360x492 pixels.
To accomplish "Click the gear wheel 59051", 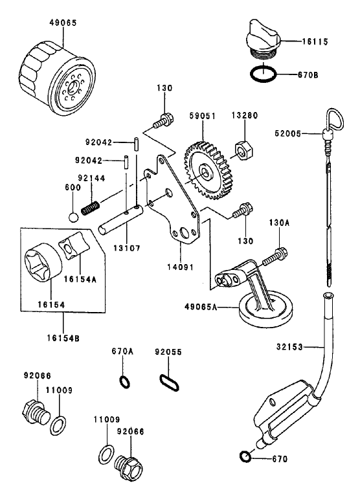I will pyautogui.click(x=207, y=170).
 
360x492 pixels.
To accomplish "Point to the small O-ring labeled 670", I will pyautogui.click(x=245, y=458).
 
